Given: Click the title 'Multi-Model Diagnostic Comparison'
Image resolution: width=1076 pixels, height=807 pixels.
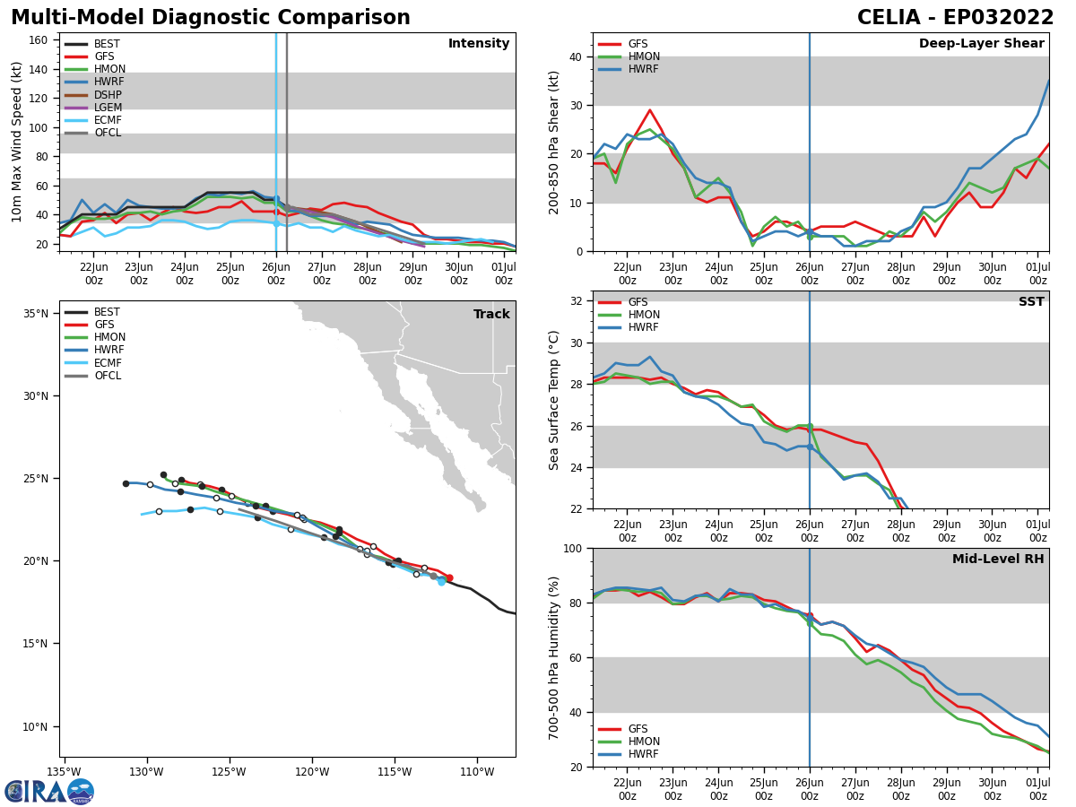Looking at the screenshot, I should point(211,18).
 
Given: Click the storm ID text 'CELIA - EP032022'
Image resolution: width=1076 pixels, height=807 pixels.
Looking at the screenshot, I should point(956,18).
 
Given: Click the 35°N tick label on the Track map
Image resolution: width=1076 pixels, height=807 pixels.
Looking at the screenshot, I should point(36,314).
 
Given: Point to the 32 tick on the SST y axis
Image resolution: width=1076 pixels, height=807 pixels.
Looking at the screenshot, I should point(576,301).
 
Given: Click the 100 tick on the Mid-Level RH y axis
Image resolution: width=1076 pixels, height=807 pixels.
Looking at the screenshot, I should point(572,548).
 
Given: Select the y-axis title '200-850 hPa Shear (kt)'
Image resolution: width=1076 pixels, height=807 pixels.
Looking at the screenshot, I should point(555,142).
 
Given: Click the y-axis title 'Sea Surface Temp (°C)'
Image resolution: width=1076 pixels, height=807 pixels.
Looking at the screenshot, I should point(555,400).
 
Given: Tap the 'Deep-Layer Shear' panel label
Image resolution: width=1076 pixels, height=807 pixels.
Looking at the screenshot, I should point(981,44).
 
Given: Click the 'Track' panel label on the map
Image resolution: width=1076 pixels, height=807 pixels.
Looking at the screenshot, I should point(491,315).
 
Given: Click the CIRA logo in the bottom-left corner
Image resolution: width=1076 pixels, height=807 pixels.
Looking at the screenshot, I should point(49,792).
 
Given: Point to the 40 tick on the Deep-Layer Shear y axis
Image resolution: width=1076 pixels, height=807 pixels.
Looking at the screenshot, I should point(576,57).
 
